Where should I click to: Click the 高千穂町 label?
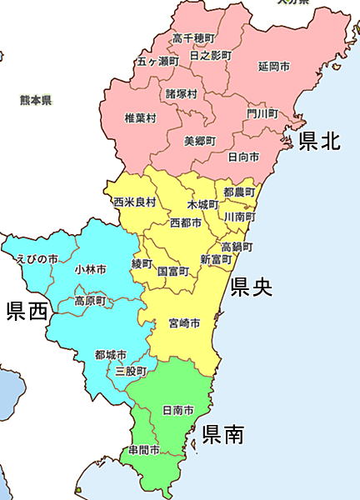coord(193,38)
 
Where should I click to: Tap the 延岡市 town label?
coord(273,66)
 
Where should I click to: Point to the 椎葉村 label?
coord(140,117)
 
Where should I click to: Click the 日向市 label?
coord(242,157)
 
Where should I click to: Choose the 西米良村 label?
coord(134,202)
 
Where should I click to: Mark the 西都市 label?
coord(185,223)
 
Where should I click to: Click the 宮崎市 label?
coord(183,322)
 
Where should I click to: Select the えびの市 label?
coord(37,259)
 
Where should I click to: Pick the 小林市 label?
coord(90,270)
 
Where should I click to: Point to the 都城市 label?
coord(110,355)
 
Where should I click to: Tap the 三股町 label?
coord(131,371)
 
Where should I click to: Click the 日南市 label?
coord(177,411)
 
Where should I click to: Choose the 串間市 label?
coord(143,451)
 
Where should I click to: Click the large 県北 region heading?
coord(319,141)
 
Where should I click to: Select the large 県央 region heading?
coord(252,287)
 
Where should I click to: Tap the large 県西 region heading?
coord(27,312)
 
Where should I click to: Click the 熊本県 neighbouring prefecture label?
coord(36,100)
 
